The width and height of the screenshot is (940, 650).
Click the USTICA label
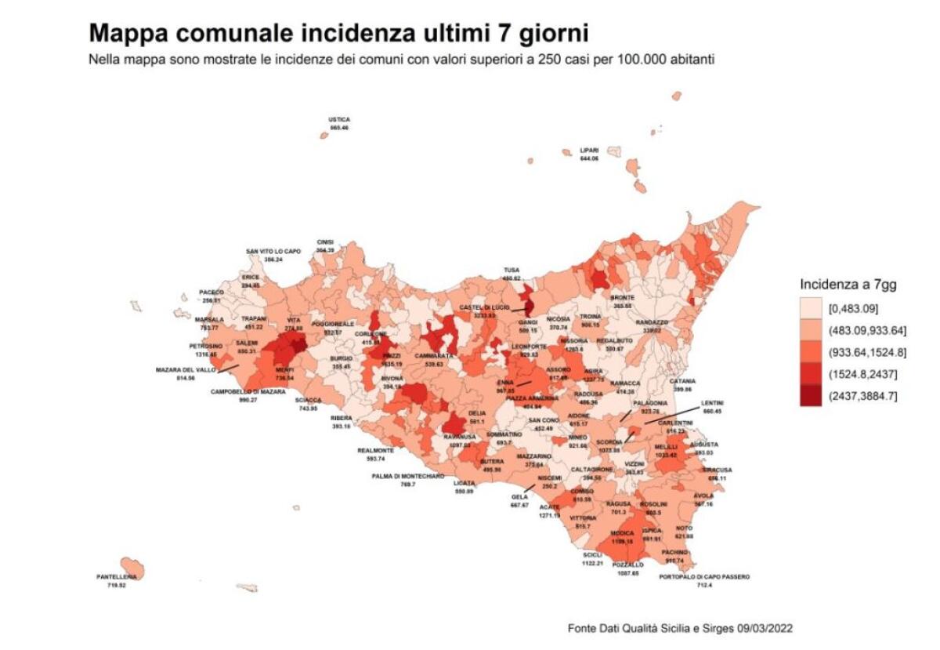(x=339, y=120)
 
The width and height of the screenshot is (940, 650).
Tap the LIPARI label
(x=589, y=150)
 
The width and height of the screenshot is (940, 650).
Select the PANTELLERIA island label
(x=117, y=577)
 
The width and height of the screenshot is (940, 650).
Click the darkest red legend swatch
(x=811, y=397)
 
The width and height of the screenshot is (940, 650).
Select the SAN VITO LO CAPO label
(x=273, y=251)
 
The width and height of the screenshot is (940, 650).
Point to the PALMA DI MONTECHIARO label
(x=407, y=476)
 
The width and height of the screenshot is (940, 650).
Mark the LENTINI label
(x=712, y=402)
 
